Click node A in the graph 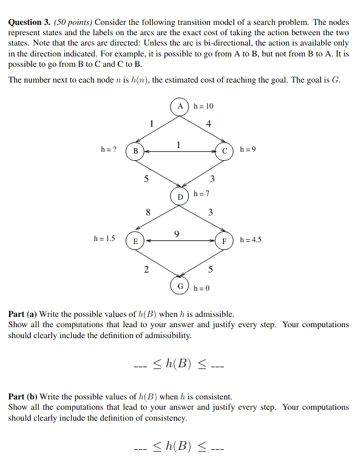180,106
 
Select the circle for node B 135,150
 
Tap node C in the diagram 225,150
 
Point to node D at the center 180,197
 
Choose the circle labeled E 135,241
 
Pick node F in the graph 225,241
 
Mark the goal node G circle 180,286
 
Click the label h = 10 203,107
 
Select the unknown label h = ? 109,149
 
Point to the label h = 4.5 251,240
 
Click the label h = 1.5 104,239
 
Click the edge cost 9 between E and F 177,232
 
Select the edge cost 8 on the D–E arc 148,212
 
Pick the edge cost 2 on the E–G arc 146,270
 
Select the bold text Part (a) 22,314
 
